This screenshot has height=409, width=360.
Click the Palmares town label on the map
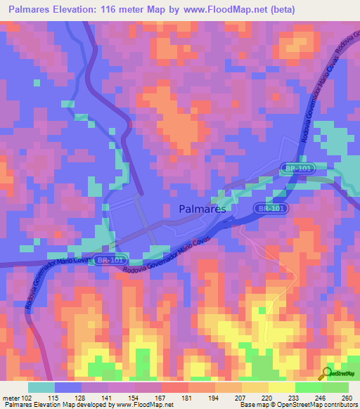point(202,209)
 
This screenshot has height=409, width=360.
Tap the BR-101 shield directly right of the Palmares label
point(270,209)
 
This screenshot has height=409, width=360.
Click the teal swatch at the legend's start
point(41,387)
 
